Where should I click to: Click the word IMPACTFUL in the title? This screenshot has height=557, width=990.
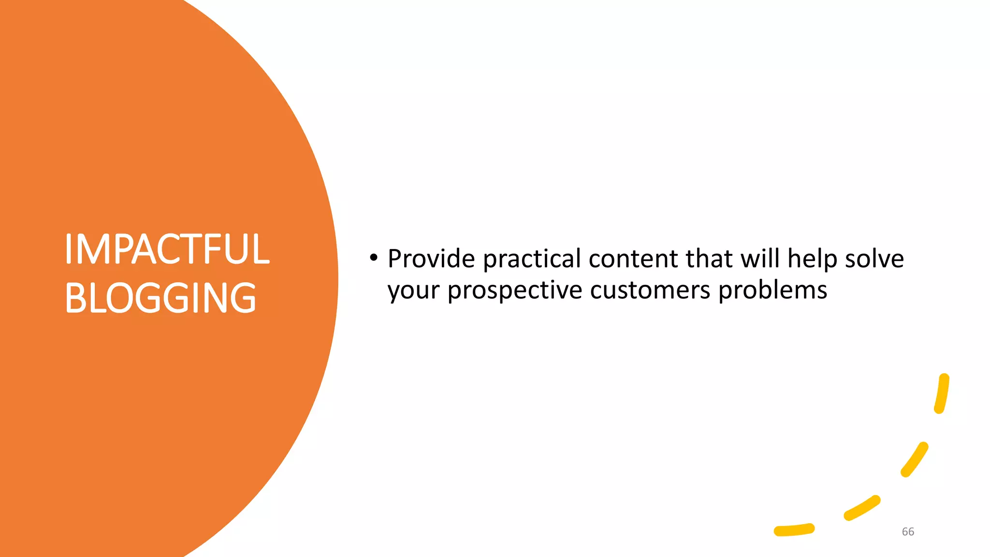pos(167,249)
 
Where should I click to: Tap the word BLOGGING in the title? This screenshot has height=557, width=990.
pos(160,298)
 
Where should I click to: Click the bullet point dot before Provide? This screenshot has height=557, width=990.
pos(373,258)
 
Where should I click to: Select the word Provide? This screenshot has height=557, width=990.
pos(431,259)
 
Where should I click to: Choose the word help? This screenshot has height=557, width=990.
pos(812,260)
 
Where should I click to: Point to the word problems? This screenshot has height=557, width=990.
pos(772,291)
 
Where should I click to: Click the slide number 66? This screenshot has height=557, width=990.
pos(908,532)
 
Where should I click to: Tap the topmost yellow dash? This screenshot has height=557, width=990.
pos(942,394)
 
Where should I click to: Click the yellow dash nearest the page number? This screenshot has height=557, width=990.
pos(862,508)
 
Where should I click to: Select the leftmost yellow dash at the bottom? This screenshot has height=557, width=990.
pos(794,530)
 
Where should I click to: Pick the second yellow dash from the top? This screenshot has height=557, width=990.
pos(915,459)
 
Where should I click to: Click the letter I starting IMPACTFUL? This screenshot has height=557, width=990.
pos(68,249)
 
